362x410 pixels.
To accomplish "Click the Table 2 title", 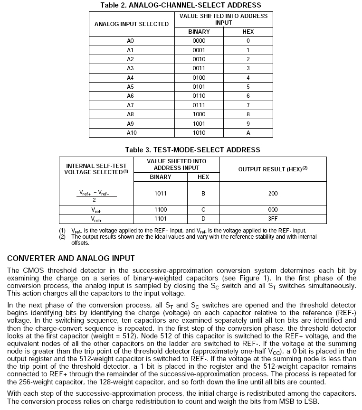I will (181, 5).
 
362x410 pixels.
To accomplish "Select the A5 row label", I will (130, 87).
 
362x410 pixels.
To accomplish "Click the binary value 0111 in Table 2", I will (199, 105).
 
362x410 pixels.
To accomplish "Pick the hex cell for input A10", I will (248, 133).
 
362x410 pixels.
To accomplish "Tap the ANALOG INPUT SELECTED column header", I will (132, 24).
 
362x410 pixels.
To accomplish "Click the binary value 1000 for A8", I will (199, 114).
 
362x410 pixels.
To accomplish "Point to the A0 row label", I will (130, 41).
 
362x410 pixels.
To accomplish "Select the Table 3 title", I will (192, 150).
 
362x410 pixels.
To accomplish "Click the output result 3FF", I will (272, 219).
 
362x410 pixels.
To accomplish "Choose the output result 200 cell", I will (272, 194).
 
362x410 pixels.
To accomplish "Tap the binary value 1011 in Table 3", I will (160, 194).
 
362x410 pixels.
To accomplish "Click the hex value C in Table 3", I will (203, 209).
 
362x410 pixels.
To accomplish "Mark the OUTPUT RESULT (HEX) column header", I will (272, 169).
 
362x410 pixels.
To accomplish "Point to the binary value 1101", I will (160, 219).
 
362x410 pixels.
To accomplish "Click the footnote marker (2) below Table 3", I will (62, 236).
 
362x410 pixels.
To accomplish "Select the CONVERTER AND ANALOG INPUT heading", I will (71, 259).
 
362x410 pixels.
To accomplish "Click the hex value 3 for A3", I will (248, 68).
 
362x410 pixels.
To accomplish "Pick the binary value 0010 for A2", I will (199, 59).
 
